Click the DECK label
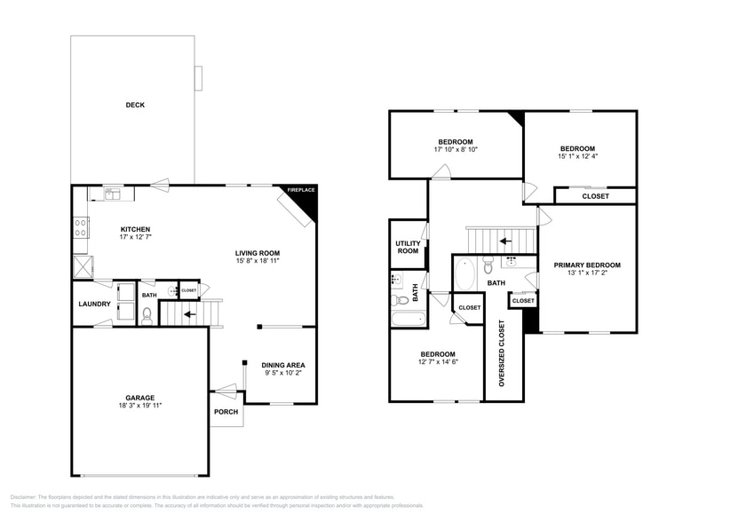(x=135, y=105)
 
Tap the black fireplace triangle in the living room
(x=306, y=205)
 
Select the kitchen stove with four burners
(x=80, y=227)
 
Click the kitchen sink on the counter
(x=113, y=194)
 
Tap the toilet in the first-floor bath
(x=147, y=312)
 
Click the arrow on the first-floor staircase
(x=189, y=313)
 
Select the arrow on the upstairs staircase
(x=504, y=240)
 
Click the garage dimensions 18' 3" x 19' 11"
(x=139, y=406)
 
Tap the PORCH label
(x=226, y=412)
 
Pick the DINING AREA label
(x=283, y=365)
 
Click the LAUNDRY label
(x=94, y=304)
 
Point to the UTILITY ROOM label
(x=408, y=248)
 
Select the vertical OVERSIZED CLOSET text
(x=502, y=353)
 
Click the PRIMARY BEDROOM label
(x=587, y=265)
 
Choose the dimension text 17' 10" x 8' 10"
(x=456, y=150)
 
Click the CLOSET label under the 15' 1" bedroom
(x=595, y=196)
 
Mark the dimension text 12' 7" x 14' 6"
(x=438, y=361)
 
